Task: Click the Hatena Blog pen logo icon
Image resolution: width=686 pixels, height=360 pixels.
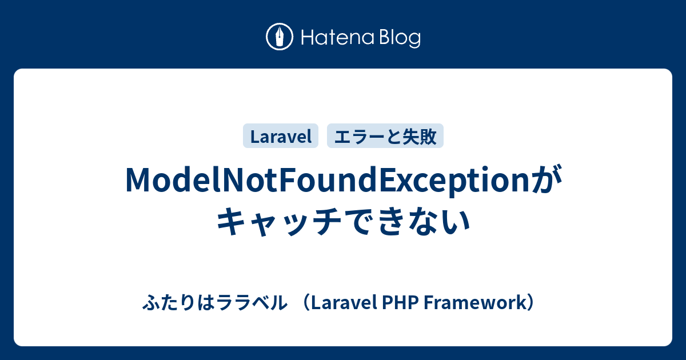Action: [x=280, y=37]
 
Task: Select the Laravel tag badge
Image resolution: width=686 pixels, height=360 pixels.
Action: [x=281, y=135]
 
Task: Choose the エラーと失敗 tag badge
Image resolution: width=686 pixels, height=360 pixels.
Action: [x=385, y=135]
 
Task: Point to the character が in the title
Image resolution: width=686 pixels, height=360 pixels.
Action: [x=547, y=179]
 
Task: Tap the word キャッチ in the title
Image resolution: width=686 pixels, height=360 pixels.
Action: [x=280, y=221]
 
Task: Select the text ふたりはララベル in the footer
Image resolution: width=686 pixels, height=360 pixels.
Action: [x=215, y=302]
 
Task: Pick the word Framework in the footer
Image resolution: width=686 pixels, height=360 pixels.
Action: [x=474, y=302]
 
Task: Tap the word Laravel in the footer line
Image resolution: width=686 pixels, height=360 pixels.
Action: [x=344, y=302]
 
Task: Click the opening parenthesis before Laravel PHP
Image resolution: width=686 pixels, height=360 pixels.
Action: [x=306, y=302]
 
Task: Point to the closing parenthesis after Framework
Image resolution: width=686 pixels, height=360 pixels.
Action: [x=531, y=302]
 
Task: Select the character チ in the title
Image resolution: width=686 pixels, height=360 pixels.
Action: [x=325, y=221]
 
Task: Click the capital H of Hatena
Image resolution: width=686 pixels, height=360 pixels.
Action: [x=308, y=38]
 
